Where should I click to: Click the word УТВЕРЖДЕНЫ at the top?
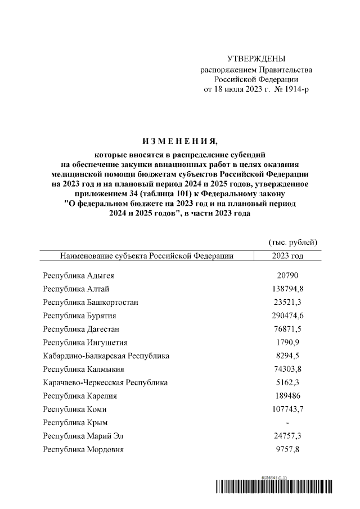[256, 59]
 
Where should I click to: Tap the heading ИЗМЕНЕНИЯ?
[180, 141]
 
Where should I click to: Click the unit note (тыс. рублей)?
[293, 242]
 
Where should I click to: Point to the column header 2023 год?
[287, 256]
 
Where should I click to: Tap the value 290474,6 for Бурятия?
[287, 316]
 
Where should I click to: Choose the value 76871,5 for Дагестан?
[287, 328]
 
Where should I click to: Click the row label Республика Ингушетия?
[85, 342]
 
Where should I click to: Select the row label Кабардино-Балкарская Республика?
[106, 355]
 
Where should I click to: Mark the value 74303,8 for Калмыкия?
[287, 369]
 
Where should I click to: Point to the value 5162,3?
[287, 382]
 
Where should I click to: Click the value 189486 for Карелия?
[287, 395]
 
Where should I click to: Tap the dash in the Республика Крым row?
[287, 422]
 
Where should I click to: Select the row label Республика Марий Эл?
[85, 436]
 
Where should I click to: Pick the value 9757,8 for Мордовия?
[287, 449]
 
